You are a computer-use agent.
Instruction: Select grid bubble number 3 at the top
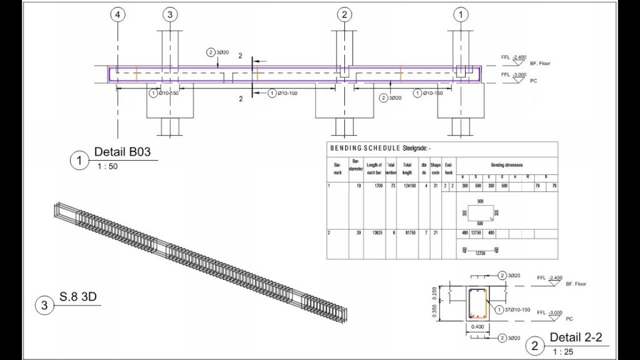171,14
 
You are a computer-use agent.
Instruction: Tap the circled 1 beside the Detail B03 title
79,161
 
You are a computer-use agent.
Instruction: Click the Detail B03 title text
122,152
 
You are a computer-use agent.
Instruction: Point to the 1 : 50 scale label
107,166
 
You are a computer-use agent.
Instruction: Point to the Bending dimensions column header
507,162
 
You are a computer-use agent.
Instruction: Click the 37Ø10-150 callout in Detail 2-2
518,309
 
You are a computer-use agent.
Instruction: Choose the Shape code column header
435,168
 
